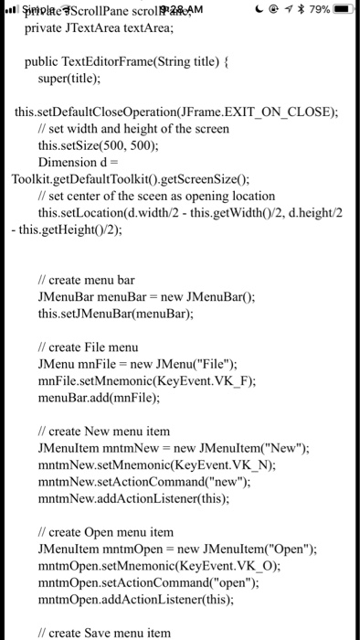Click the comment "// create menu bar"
[x=86, y=280]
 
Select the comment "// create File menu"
[x=88, y=347]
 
